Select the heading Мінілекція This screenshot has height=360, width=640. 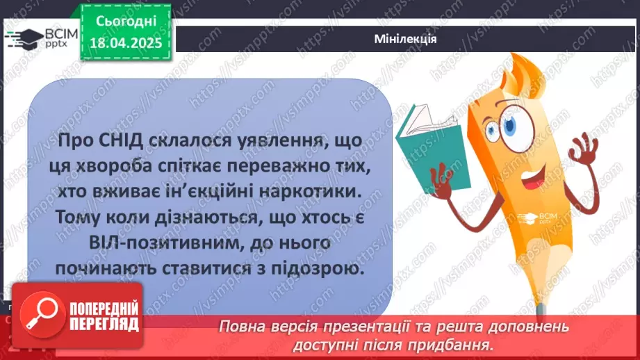point(405,39)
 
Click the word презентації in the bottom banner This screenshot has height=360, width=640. point(369,327)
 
